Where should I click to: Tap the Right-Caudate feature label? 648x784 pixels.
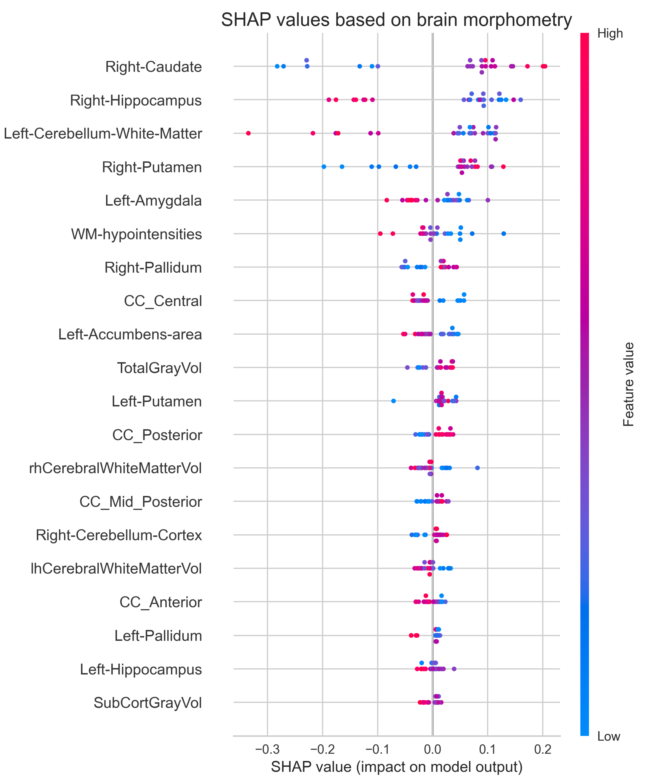[153, 67]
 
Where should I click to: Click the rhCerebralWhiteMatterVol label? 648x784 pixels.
[115, 468]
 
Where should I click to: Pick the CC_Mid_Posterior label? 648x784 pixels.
[141, 502]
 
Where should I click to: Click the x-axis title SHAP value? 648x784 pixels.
[396, 767]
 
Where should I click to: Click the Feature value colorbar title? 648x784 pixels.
[629, 384]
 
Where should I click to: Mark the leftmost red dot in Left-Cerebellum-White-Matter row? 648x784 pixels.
[248, 133]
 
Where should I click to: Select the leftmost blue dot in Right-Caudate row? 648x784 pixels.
[277, 66]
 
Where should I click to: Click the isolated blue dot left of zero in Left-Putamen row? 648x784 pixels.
[393, 401]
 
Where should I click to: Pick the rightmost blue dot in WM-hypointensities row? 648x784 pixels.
[504, 234]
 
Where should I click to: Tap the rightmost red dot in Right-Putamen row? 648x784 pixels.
[503, 167]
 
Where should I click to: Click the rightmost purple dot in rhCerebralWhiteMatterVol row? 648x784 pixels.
[477, 468]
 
